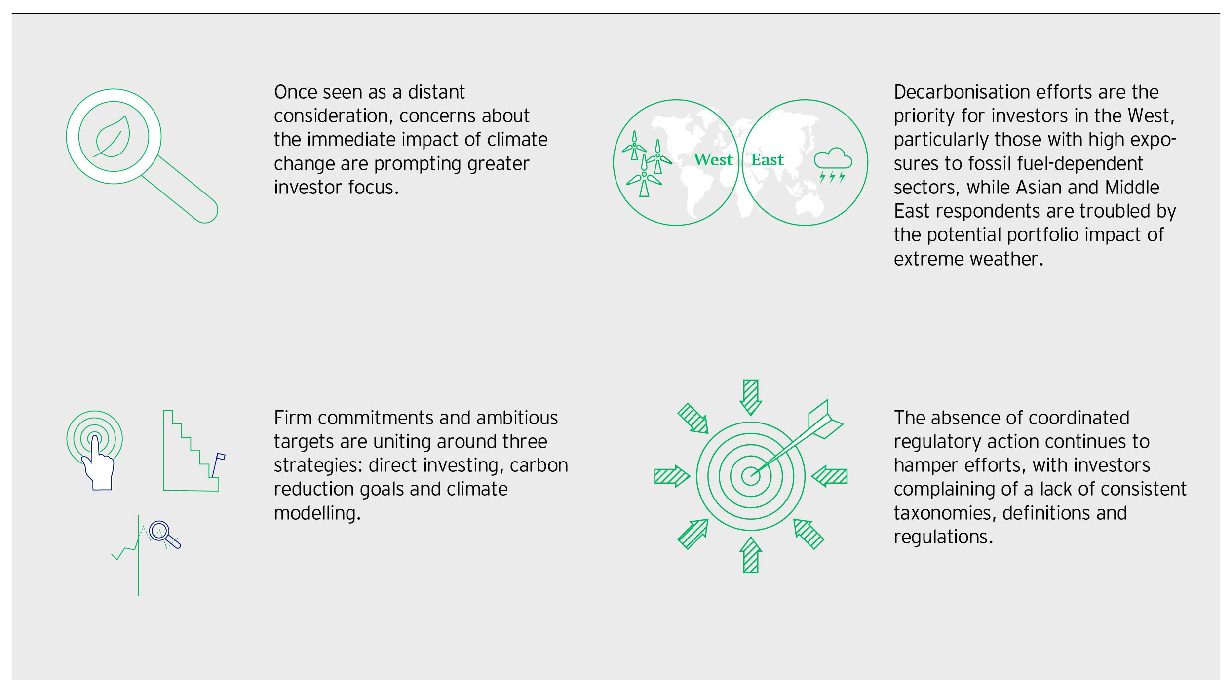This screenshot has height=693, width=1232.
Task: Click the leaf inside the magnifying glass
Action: tap(113, 137)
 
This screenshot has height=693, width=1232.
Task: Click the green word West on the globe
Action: tap(713, 159)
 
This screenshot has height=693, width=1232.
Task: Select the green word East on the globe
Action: tap(767, 159)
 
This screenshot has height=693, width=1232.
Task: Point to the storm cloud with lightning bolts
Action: tap(833, 165)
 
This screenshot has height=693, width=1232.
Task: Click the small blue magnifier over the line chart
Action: tap(164, 535)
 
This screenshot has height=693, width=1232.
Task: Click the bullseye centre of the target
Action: tap(750, 476)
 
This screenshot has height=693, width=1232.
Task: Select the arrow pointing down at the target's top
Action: tap(751, 397)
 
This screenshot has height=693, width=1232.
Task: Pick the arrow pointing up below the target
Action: tap(751, 555)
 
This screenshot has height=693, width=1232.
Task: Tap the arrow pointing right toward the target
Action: tap(672, 476)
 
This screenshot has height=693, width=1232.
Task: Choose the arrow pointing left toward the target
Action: tap(829, 476)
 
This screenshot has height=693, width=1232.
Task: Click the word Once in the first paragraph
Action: tap(295, 92)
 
